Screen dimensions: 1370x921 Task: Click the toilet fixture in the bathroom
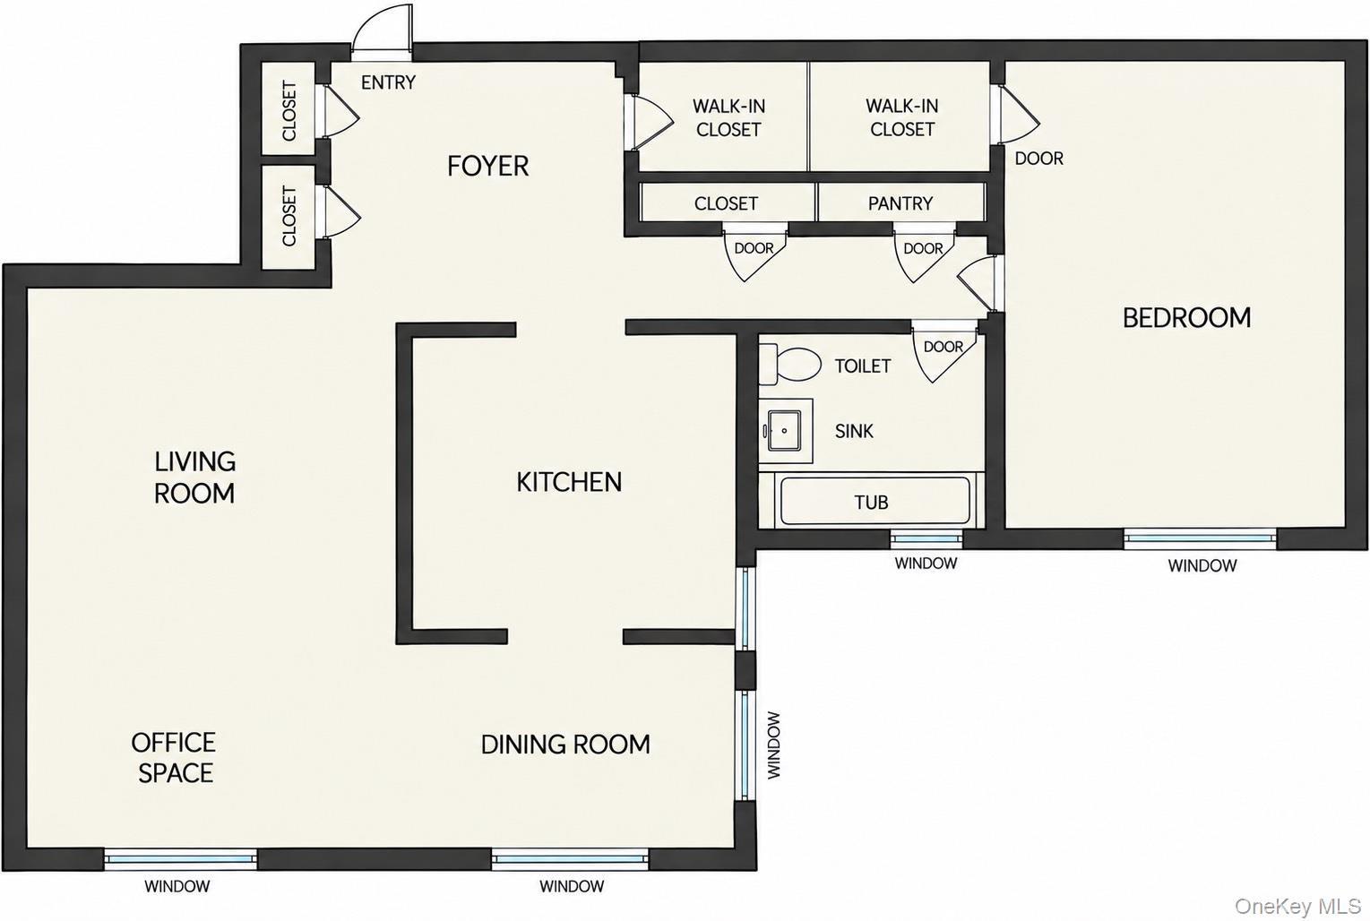coord(789,364)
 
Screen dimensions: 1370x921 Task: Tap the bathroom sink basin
coord(785,431)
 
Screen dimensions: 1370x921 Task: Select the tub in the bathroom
coord(875,501)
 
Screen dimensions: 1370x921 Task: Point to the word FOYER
coord(487,166)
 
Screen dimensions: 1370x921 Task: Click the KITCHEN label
coord(569,482)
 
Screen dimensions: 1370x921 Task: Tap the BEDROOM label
coord(1186,317)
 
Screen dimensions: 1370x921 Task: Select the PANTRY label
coord(900,203)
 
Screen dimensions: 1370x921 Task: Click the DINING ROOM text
coord(565,745)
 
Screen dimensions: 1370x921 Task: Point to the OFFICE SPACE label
coord(174,758)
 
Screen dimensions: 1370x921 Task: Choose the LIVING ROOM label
coord(194,478)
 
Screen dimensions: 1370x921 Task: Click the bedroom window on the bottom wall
coord(1200,538)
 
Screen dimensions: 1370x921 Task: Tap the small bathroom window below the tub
coord(926,538)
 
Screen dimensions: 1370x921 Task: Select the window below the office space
coord(180,858)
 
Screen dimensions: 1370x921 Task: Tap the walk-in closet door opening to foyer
coord(650,122)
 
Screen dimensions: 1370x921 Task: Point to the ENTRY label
coord(388,82)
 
